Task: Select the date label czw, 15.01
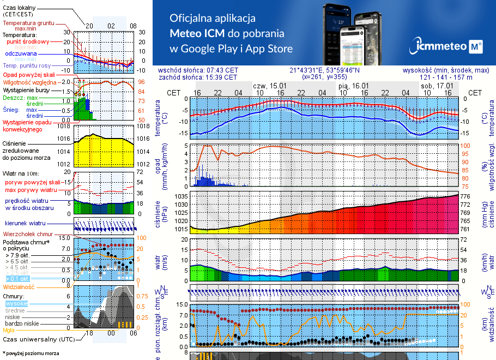tap(270, 86)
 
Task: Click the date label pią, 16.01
tap(353, 86)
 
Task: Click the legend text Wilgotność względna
tap(27, 81)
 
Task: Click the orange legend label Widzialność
tap(19, 286)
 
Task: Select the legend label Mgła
tap(9, 329)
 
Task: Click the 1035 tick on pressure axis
tap(182, 196)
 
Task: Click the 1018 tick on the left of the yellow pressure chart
tap(65, 126)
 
